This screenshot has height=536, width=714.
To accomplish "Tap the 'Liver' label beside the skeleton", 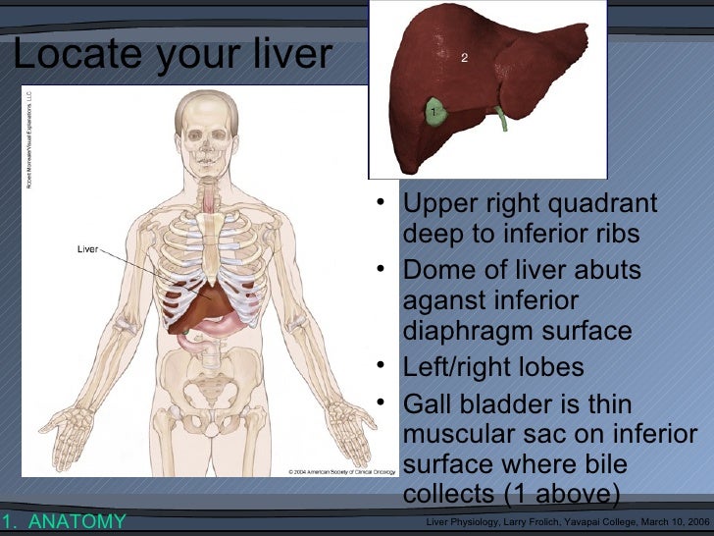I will (x=87, y=248).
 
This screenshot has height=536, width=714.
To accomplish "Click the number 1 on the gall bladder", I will (x=432, y=115).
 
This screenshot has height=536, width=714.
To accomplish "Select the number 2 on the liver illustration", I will (x=465, y=58).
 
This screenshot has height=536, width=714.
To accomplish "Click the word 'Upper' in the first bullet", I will (x=436, y=205).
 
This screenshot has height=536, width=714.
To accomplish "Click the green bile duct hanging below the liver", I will (x=502, y=117).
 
